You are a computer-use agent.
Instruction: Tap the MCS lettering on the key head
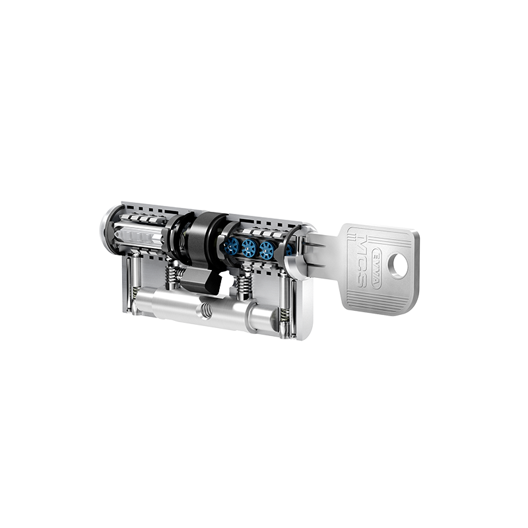(362, 262)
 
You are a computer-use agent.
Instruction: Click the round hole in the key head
(399, 265)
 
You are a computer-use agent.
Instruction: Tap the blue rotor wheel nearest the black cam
(232, 245)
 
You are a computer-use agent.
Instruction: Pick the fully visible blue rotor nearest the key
(267, 250)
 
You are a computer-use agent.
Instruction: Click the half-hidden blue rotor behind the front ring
(288, 249)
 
